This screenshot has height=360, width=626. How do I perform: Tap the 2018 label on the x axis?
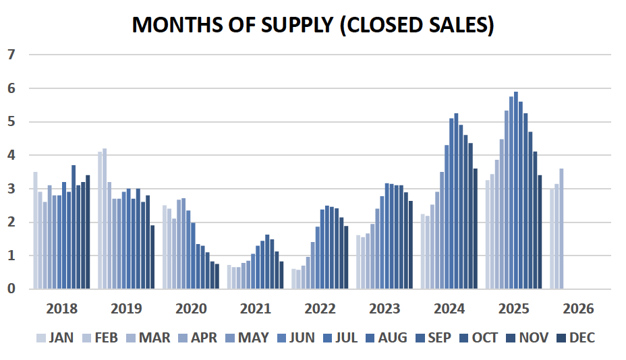(61, 309)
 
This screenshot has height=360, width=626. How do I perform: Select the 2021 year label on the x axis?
(256, 309)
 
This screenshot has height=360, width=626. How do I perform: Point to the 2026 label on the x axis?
(578, 309)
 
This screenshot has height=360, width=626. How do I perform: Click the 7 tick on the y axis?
(10, 55)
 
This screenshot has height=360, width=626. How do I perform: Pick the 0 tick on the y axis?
(10, 289)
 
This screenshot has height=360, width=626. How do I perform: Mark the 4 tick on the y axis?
(10, 155)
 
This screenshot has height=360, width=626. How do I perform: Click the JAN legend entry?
(55, 338)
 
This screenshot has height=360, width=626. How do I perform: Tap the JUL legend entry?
(339, 338)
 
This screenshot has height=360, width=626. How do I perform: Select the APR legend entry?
(197, 338)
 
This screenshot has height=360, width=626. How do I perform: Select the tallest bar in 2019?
(105, 219)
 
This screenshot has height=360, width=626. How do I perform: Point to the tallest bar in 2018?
(74, 227)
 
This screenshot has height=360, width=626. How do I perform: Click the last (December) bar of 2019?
(152, 257)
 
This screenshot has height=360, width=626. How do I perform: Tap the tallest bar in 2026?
(561, 229)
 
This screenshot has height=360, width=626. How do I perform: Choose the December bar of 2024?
(476, 229)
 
